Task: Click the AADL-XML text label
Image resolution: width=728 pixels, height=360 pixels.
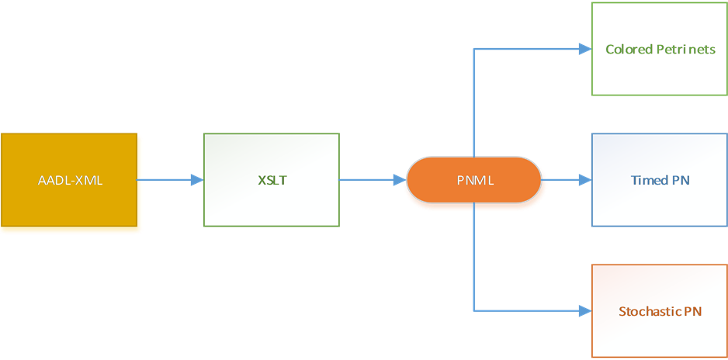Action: click(70, 181)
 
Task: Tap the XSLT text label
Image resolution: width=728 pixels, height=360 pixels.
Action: click(271, 181)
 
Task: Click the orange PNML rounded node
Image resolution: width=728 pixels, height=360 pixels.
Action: click(473, 181)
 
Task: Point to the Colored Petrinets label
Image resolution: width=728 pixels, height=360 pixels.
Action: click(660, 50)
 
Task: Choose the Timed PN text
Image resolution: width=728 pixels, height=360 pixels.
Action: click(660, 181)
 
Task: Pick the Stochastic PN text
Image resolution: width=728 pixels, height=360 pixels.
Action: click(660, 312)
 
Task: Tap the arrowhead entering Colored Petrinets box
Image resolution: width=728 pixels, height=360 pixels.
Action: click(584, 49)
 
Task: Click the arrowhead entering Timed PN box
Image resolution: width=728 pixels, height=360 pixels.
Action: click(584, 180)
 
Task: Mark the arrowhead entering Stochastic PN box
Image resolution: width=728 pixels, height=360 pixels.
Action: click(584, 311)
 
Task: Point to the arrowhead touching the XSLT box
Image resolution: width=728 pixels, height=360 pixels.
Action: click(196, 180)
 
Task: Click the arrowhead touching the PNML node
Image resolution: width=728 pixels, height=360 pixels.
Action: click(400, 180)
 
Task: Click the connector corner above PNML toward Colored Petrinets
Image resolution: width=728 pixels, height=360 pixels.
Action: click(474, 49)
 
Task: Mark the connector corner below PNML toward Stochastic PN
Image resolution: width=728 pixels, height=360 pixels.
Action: click(474, 311)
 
